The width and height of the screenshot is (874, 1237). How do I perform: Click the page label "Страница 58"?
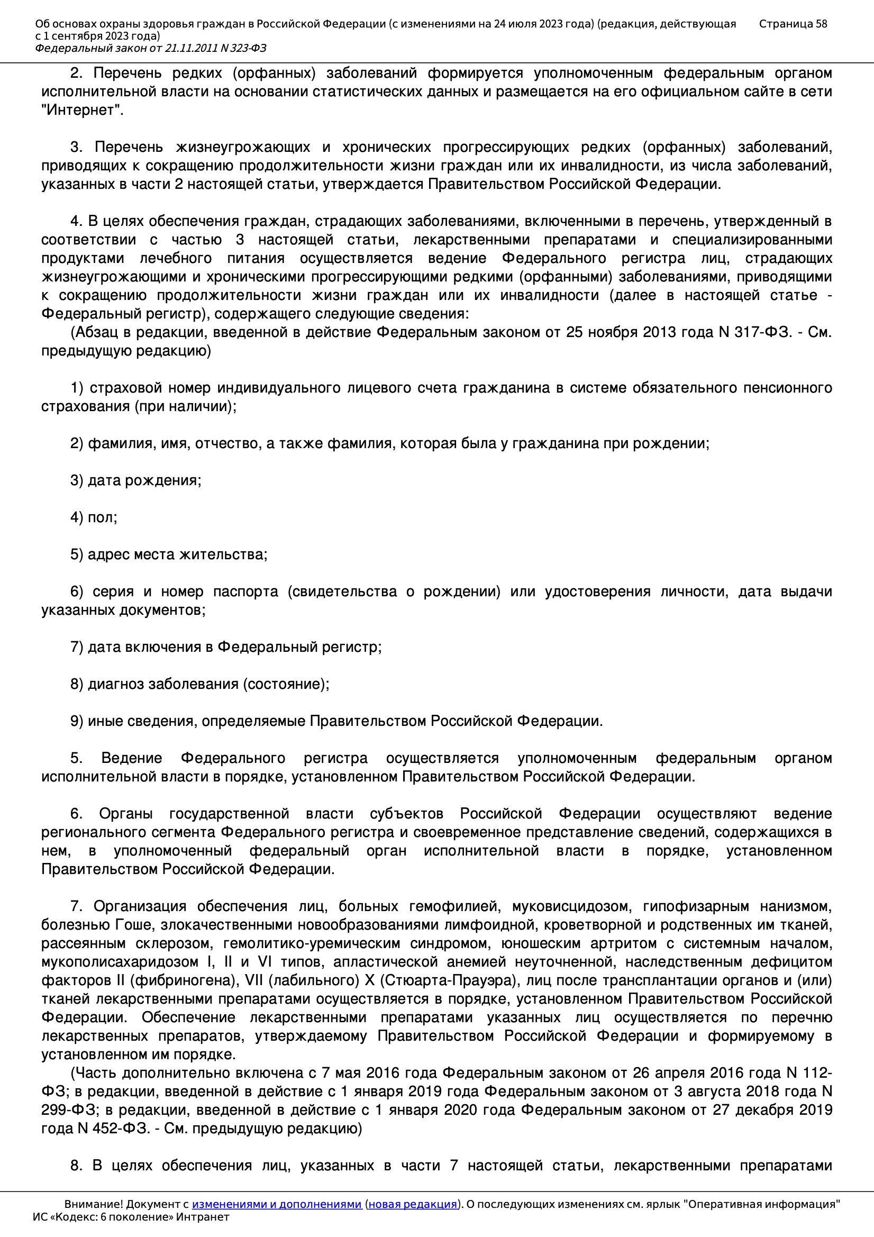793,24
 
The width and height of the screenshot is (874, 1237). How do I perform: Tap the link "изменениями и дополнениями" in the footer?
276,1204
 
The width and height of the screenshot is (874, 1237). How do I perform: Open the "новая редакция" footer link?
412,1204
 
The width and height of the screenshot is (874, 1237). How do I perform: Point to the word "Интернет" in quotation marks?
81,110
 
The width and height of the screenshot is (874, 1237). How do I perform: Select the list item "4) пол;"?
93,517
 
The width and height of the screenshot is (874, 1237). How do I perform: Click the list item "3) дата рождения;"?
135,480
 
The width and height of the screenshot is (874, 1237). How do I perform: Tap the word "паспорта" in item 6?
245,592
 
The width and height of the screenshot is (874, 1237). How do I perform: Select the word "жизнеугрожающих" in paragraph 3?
243,147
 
